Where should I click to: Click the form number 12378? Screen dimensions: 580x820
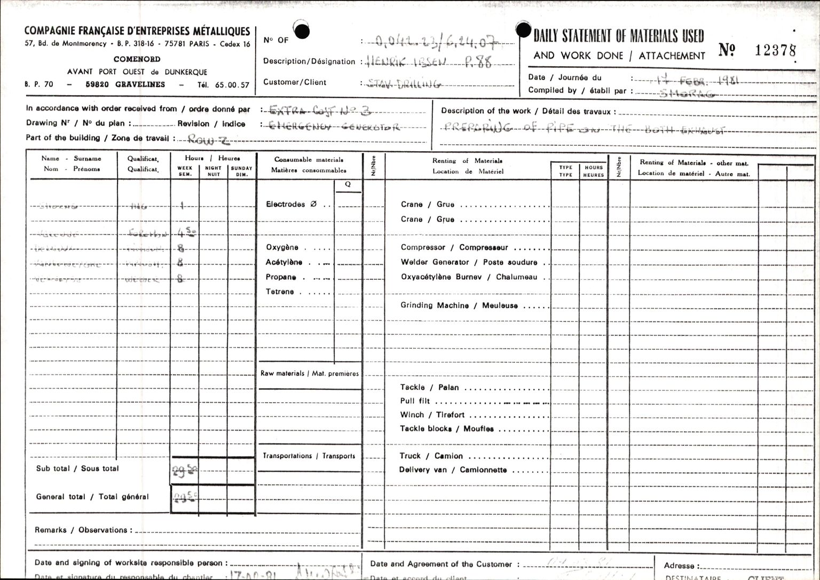pos(775,50)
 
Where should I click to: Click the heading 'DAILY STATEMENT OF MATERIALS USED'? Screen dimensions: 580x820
pos(618,36)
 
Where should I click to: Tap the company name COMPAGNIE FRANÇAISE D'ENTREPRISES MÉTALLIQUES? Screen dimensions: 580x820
pos(137,32)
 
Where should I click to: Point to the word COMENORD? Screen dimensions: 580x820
pos(137,59)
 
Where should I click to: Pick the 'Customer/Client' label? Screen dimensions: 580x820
pos(295,82)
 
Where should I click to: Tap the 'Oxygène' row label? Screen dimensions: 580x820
pos(282,247)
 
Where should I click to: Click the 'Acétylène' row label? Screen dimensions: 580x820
pos(284,262)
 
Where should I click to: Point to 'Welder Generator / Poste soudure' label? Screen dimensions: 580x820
pos(469,262)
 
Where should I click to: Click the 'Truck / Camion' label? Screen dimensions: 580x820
pos(431,456)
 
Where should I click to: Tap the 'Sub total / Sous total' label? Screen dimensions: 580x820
pos(77,468)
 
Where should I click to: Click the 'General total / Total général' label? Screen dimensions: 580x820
pos(92,497)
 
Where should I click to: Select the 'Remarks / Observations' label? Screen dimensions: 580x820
pos(81,530)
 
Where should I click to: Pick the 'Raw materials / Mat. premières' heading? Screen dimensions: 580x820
pos(310,373)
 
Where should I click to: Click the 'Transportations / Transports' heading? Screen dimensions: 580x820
pos(309,456)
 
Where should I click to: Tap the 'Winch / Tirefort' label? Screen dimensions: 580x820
pos(432,415)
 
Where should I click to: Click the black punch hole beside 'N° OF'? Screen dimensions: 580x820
pos(302,32)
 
